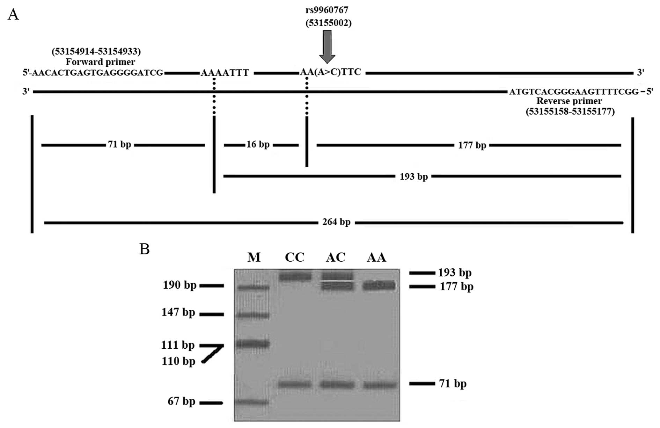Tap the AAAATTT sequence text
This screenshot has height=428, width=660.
[225, 73]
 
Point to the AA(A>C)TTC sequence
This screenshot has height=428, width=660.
[331, 72]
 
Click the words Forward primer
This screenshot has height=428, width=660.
[100, 62]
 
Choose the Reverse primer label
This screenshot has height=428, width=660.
[569, 101]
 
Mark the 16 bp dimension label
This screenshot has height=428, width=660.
[258, 144]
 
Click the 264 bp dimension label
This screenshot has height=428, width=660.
[336, 222]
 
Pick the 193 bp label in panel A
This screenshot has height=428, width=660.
[413, 176]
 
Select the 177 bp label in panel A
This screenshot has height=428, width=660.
[472, 145]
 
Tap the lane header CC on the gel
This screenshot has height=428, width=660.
[295, 257]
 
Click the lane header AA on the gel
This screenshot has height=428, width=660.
[376, 257]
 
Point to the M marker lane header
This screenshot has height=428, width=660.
[254, 257]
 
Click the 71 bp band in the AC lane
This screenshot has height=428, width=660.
[336, 384]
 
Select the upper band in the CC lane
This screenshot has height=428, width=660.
[295, 277]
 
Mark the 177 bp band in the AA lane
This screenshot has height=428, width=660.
[379, 286]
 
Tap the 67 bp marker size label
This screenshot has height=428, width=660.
[181, 401]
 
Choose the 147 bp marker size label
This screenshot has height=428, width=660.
[178, 312]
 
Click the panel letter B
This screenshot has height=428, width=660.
[145, 249]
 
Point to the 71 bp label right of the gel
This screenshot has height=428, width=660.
[453, 384]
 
